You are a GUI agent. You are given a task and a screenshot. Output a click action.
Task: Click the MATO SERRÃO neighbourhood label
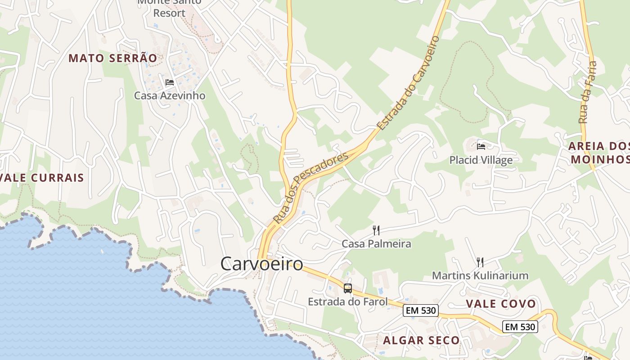pyautogui.click(x=113, y=58)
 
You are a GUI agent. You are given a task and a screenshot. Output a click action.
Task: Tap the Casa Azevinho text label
pyautogui.click(x=170, y=95)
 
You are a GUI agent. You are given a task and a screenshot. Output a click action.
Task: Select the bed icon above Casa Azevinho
pyautogui.click(x=170, y=82)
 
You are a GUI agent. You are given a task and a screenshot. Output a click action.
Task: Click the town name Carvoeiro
pyautogui.click(x=262, y=264)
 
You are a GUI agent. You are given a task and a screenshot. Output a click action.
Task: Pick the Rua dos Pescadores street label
pyautogui.click(x=310, y=189)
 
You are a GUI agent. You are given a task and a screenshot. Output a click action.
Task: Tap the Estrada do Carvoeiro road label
pyautogui.click(x=408, y=84)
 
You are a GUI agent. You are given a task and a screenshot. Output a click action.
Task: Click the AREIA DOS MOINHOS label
pyautogui.click(x=599, y=153)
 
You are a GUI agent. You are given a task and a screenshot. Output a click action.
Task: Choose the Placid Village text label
pyautogui.click(x=481, y=160)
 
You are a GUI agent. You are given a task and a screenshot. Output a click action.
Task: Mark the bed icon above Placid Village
pyautogui.click(x=481, y=146)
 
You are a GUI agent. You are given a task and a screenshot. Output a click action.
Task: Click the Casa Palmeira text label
pyautogui.click(x=376, y=244)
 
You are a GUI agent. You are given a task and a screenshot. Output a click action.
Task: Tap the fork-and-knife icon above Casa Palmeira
pyautogui.click(x=376, y=230)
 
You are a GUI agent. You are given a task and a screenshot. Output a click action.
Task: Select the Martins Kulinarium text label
pyautogui.click(x=480, y=275)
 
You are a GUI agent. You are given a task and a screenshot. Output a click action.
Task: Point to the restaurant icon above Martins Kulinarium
pyautogui.click(x=480, y=262)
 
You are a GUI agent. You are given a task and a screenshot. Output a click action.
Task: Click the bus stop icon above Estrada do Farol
pyautogui.click(x=348, y=288)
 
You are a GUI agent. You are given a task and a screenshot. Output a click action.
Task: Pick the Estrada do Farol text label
pyautogui.click(x=347, y=301)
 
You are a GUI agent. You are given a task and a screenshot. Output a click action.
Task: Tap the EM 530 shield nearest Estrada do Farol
pyautogui.click(x=421, y=310)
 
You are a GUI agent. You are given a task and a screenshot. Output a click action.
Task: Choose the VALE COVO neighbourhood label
pyautogui.click(x=501, y=304)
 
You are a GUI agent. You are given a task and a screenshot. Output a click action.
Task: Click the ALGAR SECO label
pyautogui.click(x=421, y=340)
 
